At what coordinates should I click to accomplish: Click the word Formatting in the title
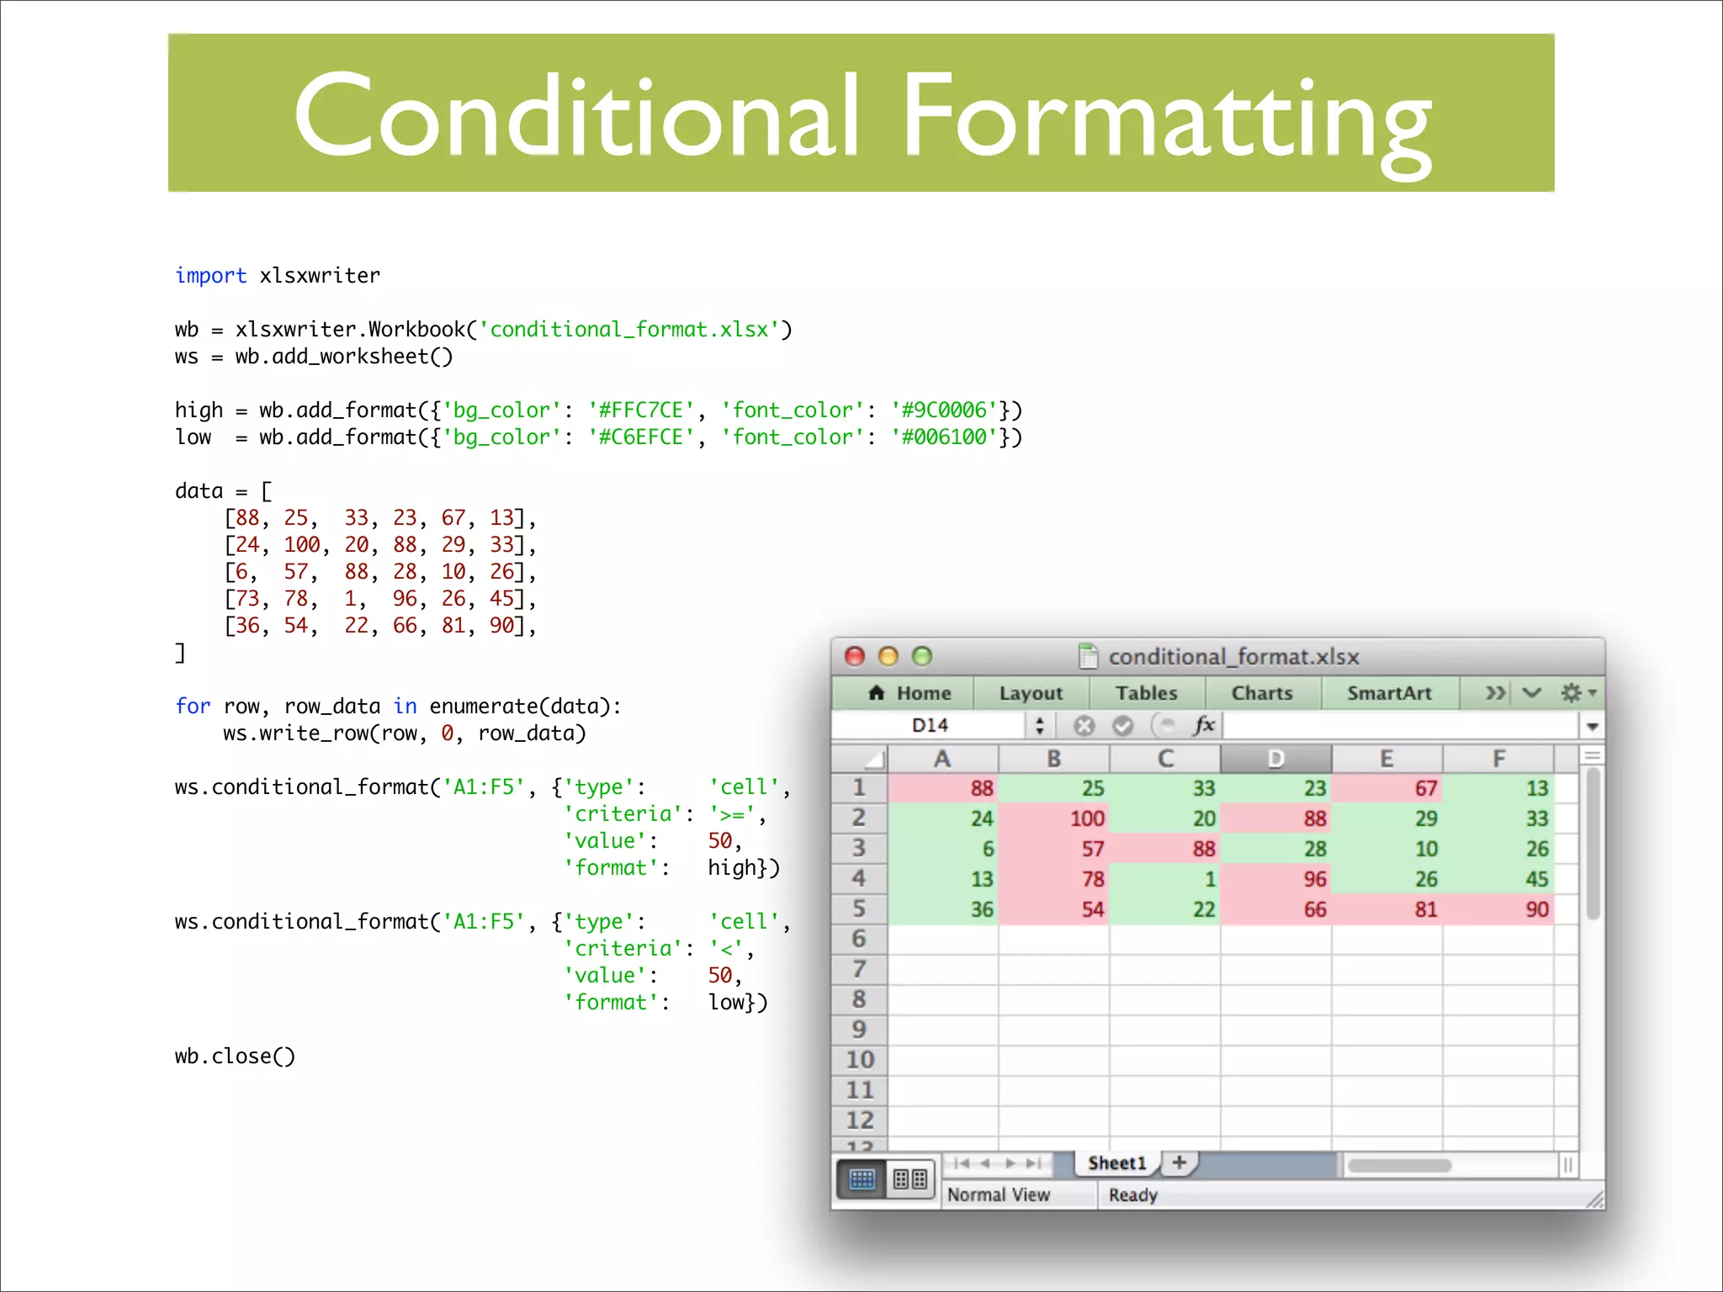[1165, 118]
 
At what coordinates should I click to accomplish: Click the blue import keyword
[210, 276]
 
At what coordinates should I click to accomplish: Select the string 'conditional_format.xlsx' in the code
[629, 330]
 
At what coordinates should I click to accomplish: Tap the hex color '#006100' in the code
[944, 437]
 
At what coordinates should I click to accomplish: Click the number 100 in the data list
[302, 545]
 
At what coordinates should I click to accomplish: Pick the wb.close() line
[235, 1056]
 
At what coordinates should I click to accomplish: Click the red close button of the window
[855, 656]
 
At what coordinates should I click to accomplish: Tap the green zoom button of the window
[922, 656]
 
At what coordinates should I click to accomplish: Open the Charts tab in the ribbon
[1262, 693]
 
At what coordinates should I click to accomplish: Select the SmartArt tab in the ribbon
[1389, 693]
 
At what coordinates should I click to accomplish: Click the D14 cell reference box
[930, 725]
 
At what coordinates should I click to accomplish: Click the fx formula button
[1204, 725]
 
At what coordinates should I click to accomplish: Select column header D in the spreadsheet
[1275, 759]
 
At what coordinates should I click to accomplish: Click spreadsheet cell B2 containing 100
[1054, 818]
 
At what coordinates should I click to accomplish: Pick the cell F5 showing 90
[1498, 909]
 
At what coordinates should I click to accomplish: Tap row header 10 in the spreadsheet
[860, 1060]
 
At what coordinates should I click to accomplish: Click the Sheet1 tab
[1116, 1163]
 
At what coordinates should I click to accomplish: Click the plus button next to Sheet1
[1180, 1162]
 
